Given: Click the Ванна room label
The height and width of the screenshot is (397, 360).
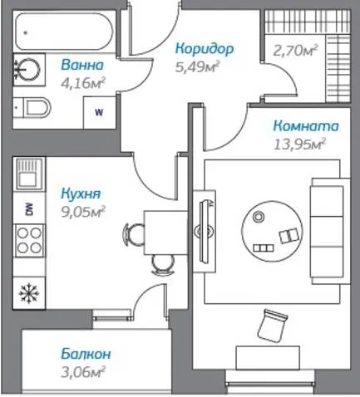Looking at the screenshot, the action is click(82, 65).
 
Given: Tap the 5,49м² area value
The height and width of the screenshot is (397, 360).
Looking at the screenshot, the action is click(197, 66).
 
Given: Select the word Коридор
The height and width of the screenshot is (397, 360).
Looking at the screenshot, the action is click(205, 49).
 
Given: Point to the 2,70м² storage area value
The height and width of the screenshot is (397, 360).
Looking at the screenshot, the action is click(295, 51).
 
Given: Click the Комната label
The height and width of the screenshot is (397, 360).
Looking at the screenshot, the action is click(306, 125).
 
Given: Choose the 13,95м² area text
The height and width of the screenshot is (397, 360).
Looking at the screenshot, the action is click(299, 145).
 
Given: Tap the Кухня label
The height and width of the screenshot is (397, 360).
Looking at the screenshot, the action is click(81, 194).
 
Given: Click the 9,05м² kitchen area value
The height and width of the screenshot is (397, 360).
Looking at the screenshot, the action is click(83, 212).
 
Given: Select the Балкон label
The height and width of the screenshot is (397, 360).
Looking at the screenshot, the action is click(86, 354).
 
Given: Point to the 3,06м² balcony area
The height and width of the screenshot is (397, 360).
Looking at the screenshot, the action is click(83, 372).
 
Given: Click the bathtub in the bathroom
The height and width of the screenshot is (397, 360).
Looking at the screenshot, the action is click(64, 32).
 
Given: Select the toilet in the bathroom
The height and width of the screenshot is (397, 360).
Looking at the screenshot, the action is click(32, 108).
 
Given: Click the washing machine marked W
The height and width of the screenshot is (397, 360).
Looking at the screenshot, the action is click(99, 112).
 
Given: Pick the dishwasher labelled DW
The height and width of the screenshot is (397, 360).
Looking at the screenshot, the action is click(29, 208).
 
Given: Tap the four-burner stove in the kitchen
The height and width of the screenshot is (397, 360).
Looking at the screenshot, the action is click(29, 241).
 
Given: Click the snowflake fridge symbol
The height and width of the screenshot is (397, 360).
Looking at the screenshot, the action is click(29, 293).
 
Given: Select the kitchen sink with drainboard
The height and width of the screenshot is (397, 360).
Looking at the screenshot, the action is click(29, 174).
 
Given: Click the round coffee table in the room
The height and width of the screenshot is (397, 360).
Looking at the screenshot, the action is click(272, 232).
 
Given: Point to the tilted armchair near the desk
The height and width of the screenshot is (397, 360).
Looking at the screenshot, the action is click(272, 326).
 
